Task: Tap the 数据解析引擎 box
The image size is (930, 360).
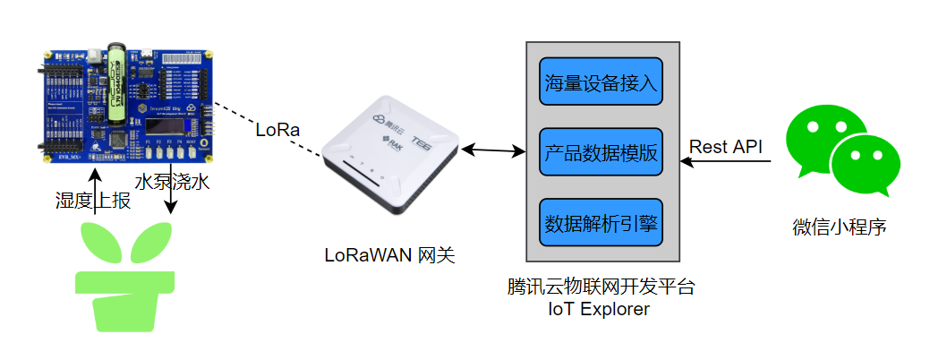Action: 601,222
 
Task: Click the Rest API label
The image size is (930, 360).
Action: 725,147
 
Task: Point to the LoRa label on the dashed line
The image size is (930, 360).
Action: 277,130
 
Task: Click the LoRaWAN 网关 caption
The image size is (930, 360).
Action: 389,255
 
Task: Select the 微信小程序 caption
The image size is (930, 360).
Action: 840,227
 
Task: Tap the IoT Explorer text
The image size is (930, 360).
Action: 600,310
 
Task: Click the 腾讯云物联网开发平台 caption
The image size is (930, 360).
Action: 600,288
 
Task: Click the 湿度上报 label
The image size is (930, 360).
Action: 93,201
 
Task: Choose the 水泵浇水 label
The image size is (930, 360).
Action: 172,182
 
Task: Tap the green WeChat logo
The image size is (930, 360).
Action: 839,152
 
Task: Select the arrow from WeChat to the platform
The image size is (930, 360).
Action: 725,162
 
